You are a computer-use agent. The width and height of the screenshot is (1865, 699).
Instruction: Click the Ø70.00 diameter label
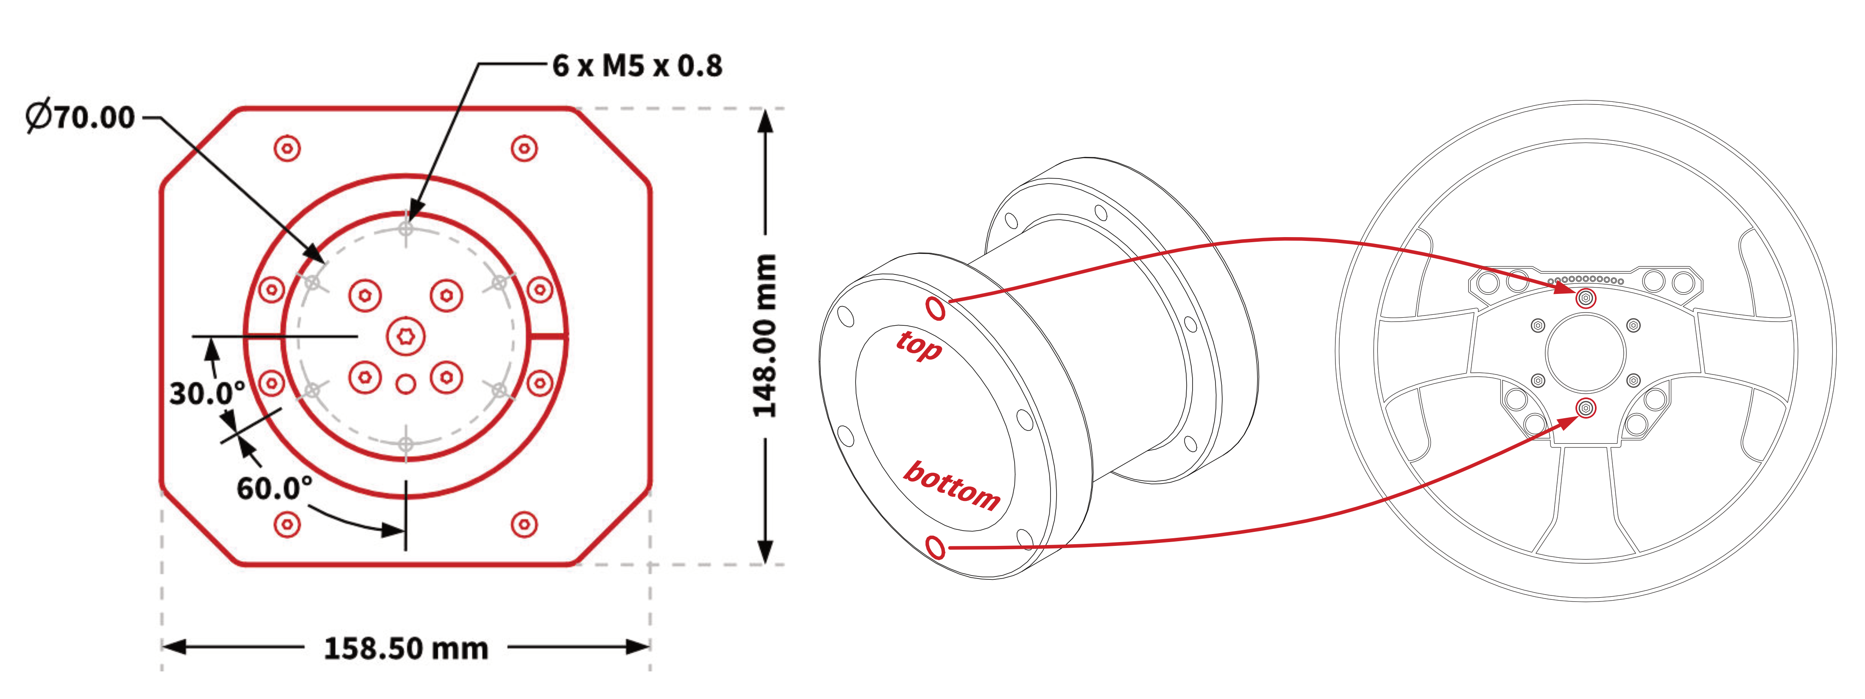pos(81,117)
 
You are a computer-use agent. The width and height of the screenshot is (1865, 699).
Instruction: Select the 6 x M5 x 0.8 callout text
pos(637,66)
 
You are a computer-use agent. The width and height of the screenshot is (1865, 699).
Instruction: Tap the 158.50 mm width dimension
pos(405,648)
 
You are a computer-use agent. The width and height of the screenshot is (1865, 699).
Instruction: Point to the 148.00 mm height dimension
pos(764,336)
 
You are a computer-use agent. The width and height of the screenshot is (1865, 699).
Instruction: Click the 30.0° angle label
pos(206,393)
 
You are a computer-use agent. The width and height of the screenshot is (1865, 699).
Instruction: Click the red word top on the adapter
pos(920,346)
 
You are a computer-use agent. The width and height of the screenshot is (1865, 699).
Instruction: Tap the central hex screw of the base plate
pos(405,336)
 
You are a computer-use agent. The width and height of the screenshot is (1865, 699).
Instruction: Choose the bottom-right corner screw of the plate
pos(524,524)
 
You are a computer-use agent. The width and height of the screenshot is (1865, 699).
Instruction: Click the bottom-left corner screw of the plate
pos(287,524)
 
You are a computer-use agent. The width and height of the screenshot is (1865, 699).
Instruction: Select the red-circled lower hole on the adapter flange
pos(935,547)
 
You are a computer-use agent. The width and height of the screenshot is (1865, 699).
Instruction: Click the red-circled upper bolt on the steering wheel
pos(1586,298)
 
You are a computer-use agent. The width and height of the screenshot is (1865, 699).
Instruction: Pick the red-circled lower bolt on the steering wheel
pos(1586,408)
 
